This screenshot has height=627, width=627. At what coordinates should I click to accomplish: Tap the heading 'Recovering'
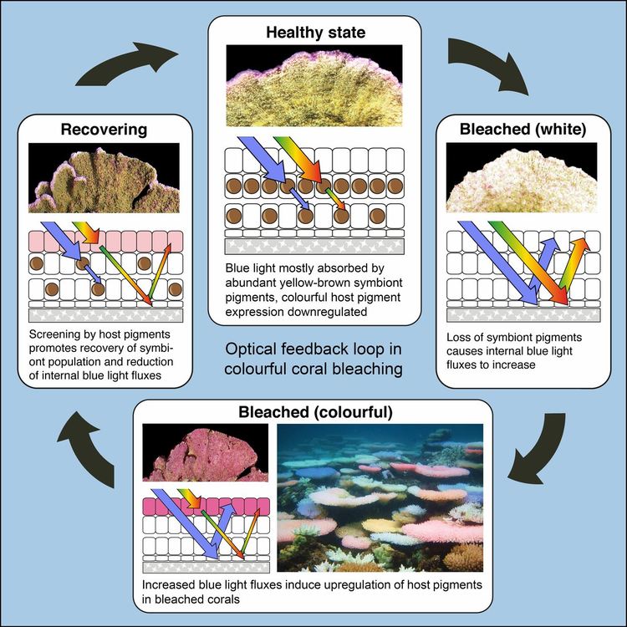click(104, 130)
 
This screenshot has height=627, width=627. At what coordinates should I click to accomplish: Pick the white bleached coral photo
click(522, 177)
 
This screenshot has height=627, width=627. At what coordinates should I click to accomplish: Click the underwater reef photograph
click(380, 494)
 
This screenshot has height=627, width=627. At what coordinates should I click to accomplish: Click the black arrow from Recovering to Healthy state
click(125, 68)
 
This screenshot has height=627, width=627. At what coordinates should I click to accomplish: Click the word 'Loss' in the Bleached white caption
click(460, 336)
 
